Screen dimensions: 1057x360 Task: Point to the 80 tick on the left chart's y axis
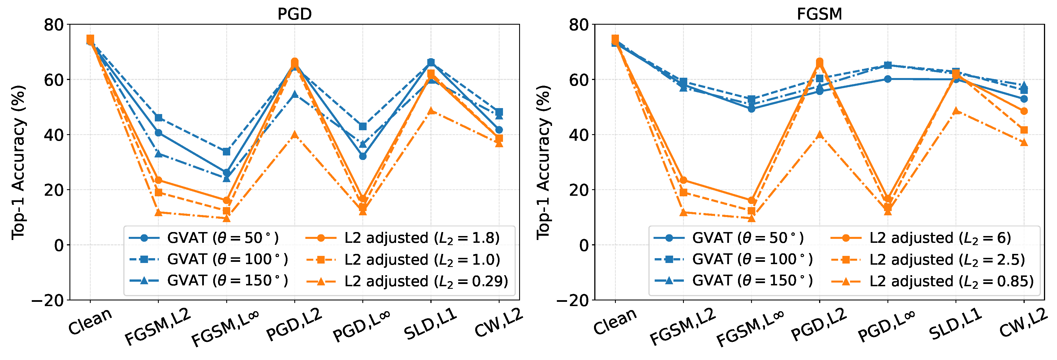click(x=54, y=25)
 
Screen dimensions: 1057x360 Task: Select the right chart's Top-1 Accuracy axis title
click(x=543, y=163)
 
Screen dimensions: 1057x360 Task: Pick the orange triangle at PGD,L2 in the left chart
click(x=295, y=135)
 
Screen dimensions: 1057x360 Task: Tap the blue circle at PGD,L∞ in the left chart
click(x=363, y=156)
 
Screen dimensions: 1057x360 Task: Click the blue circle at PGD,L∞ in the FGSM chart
click(x=887, y=79)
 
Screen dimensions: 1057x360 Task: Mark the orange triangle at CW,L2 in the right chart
click(x=1024, y=142)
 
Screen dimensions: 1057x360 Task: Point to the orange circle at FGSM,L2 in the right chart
click(x=683, y=180)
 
